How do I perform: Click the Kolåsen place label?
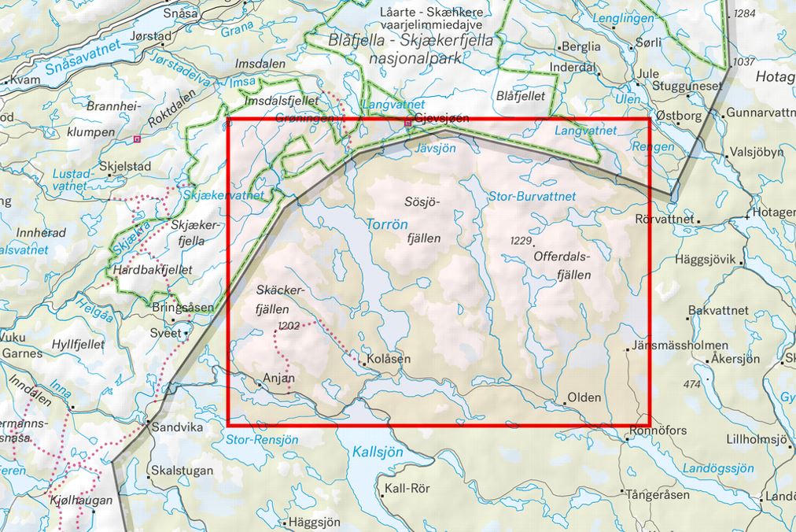click(x=389, y=359)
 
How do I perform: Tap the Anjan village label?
click(x=279, y=377)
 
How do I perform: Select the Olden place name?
click(x=584, y=397)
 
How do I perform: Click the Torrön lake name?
click(x=388, y=224)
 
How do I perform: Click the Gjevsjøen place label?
click(x=441, y=119)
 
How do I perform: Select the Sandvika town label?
click(x=177, y=429)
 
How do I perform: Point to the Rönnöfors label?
click(x=659, y=431)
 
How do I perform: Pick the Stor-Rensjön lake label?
click(x=262, y=439)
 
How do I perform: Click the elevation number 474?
click(x=691, y=384)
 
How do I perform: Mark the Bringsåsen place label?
click(x=182, y=306)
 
